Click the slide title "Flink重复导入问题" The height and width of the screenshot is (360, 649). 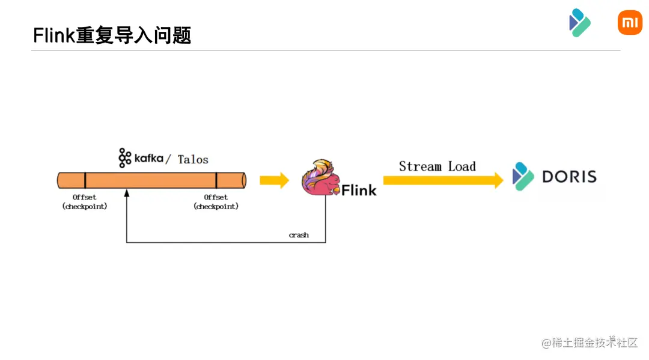[112, 35]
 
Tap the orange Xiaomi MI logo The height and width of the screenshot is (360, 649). [630, 22]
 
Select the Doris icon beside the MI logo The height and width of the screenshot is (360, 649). [579, 22]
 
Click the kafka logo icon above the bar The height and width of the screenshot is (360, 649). [124, 157]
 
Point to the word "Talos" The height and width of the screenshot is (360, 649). [193, 159]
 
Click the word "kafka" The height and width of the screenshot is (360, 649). [148, 158]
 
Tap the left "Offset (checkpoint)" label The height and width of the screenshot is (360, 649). [85, 201]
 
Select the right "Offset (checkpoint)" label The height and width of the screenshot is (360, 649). [216, 201]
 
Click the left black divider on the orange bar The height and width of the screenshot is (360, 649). [85, 180]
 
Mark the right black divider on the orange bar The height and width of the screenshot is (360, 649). [216, 180]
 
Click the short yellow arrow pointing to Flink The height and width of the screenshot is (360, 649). [274, 180]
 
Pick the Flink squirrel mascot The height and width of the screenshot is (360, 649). [320, 177]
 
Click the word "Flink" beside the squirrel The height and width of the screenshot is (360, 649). [359, 191]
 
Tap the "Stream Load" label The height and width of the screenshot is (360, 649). [437, 166]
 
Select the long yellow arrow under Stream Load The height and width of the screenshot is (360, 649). [443, 180]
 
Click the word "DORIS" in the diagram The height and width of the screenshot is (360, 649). [570, 177]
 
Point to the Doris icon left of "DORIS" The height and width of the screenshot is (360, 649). [523, 176]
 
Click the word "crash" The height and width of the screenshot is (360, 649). [299, 235]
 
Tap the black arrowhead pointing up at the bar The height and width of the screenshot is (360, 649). [127, 193]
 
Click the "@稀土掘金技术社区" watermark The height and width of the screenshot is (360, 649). [590, 342]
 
